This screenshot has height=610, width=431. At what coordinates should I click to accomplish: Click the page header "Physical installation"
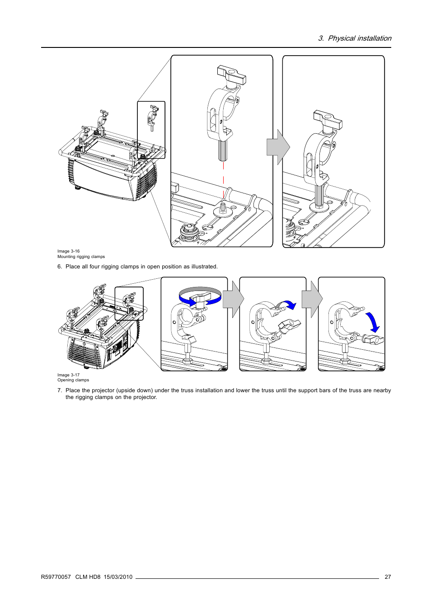(359, 38)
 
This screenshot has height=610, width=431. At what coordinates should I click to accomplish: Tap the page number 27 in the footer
(388, 577)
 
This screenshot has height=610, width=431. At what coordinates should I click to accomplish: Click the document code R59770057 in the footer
(56, 577)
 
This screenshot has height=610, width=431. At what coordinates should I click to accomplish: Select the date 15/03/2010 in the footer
(118, 577)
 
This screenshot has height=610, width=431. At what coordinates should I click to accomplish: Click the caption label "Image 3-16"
(68, 251)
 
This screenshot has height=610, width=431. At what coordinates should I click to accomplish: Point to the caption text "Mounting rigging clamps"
(81, 257)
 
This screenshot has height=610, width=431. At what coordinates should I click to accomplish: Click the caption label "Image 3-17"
(68, 375)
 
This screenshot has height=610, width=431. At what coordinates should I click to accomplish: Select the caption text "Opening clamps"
(73, 380)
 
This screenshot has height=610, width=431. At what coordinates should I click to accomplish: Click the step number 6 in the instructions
(59, 267)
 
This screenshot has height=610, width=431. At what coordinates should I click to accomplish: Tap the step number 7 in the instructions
(59, 390)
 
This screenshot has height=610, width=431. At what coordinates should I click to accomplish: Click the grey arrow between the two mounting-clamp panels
(278, 147)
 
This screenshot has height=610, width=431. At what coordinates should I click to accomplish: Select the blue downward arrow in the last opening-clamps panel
(373, 322)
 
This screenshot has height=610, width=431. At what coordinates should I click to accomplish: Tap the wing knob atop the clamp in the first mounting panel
(231, 75)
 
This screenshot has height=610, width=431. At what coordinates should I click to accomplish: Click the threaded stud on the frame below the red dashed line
(223, 208)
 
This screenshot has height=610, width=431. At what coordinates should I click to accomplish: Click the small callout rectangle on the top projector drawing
(151, 130)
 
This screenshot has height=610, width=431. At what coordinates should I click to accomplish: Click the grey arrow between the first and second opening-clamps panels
(234, 299)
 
